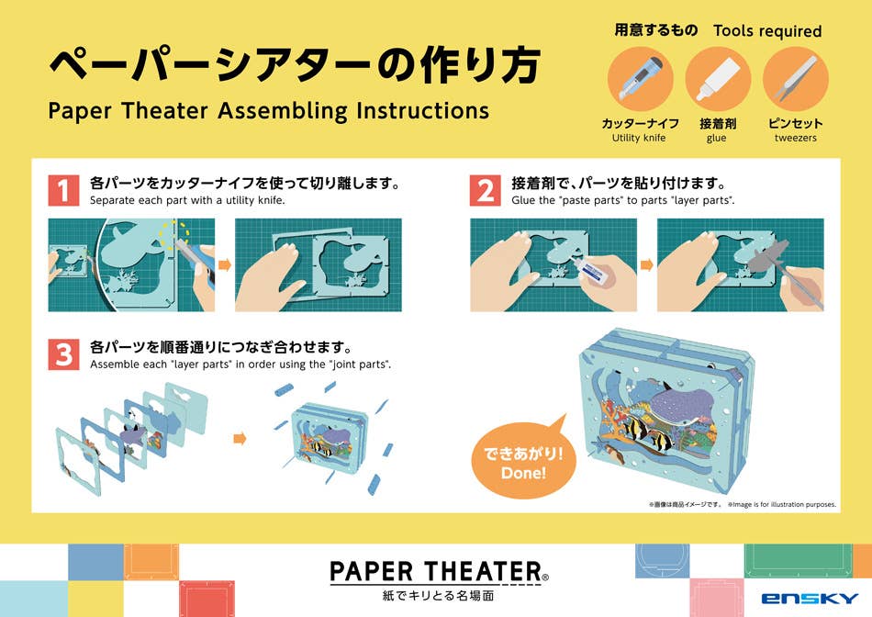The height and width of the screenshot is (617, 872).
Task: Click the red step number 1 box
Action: point(63,190)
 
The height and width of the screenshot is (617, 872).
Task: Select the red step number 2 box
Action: point(486,190)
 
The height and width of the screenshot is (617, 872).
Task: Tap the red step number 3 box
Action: point(63,354)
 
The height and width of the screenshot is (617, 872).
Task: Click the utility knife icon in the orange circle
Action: point(640,79)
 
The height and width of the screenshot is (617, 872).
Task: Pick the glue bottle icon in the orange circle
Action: point(718,79)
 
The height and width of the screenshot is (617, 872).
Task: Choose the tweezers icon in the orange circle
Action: point(796,79)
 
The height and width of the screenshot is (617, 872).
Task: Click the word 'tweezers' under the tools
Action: point(796,138)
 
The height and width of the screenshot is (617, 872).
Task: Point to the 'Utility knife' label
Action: point(639,138)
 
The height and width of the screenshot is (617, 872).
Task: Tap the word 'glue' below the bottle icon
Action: point(716,139)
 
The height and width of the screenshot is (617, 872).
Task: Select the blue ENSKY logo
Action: point(810,599)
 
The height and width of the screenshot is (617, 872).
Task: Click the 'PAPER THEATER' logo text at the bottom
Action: point(436,572)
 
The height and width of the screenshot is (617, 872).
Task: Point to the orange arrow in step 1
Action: point(225,264)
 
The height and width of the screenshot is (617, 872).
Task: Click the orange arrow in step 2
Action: point(647,264)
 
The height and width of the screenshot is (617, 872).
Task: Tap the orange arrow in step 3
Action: point(240,439)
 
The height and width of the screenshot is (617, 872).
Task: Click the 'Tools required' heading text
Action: point(767,31)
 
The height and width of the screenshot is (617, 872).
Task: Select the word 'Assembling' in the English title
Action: point(283,111)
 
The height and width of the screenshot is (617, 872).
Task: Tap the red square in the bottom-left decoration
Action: point(207,599)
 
